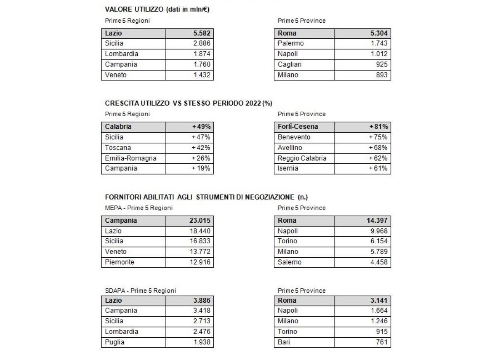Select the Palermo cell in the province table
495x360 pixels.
[x=291, y=43]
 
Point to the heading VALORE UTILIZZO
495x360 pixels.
[x=134, y=9]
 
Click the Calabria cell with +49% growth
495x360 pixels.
[x=118, y=127]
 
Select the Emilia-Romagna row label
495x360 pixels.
[x=130, y=158]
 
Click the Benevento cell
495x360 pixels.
[x=294, y=137]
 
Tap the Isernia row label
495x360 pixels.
[x=288, y=169]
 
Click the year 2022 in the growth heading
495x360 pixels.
[x=252, y=103]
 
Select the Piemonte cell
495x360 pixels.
[x=120, y=262]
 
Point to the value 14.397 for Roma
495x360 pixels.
[x=377, y=221]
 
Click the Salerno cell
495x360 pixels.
[x=290, y=262]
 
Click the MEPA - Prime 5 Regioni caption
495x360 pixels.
[x=139, y=208]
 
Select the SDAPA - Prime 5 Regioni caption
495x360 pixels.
[x=140, y=291]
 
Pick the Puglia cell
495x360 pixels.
[x=115, y=342]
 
